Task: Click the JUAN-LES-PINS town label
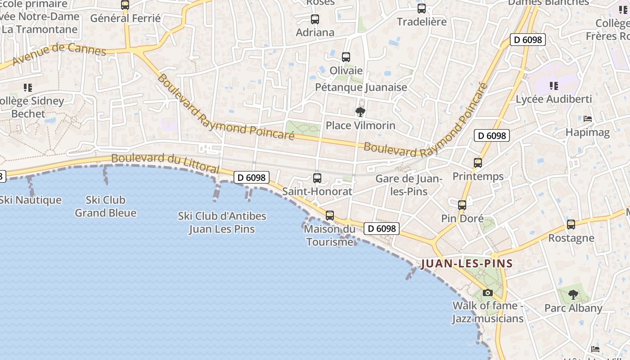click(x=467, y=264)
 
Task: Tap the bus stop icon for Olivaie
click(x=346, y=57)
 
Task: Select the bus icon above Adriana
click(x=315, y=19)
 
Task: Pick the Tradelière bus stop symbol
click(x=422, y=9)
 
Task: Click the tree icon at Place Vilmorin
click(x=360, y=112)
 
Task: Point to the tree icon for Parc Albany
click(x=573, y=295)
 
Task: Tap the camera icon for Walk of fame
click(x=487, y=293)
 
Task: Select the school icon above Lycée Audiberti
click(x=553, y=85)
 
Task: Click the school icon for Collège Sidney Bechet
click(x=28, y=87)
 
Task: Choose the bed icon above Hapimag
click(x=587, y=119)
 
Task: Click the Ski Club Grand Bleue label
click(x=105, y=206)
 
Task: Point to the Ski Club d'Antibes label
click(x=222, y=222)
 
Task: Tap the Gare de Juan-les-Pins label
click(x=409, y=185)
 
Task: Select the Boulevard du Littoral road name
click(x=165, y=163)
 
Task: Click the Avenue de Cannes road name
click(x=59, y=54)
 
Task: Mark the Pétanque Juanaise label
click(x=361, y=87)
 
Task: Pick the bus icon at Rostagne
click(x=571, y=224)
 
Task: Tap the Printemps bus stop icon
click(x=477, y=163)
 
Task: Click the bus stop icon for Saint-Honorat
click(x=317, y=178)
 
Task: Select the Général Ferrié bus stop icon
click(x=125, y=5)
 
